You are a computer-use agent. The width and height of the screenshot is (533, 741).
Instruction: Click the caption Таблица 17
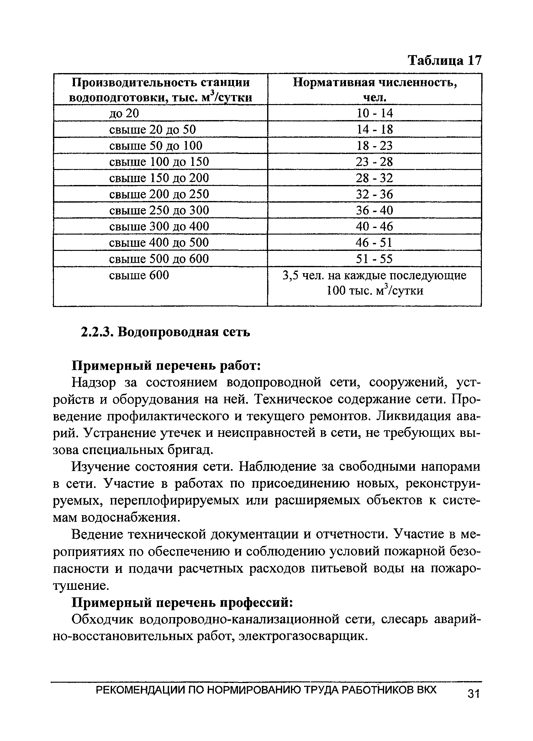[x=445, y=61]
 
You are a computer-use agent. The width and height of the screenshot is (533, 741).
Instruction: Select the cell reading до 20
[x=124, y=114]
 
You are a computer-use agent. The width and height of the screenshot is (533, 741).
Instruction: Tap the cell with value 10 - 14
[x=374, y=114]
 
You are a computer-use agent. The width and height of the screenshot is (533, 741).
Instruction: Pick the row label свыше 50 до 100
[x=156, y=146]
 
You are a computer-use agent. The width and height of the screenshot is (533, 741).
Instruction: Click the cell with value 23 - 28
[x=374, y=162]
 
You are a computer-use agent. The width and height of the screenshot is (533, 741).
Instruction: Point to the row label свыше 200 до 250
[x=159, y=194]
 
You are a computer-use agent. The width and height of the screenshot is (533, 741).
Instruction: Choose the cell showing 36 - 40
[x=374, y=210]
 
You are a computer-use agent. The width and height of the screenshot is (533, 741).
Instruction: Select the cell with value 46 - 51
[x=374, y=243]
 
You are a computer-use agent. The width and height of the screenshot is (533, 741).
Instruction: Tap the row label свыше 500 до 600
[x=159, y=259]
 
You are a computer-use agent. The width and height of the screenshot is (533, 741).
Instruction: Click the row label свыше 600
[x=139, y=275]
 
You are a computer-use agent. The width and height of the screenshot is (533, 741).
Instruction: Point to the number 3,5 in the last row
[x=289, y=276]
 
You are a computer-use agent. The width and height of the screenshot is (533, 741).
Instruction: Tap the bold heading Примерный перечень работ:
[x=166, y=366]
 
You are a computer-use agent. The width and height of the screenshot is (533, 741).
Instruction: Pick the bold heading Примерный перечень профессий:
[x=182, y=602]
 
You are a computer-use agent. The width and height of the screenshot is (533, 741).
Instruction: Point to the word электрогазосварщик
[x=303, y=636]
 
